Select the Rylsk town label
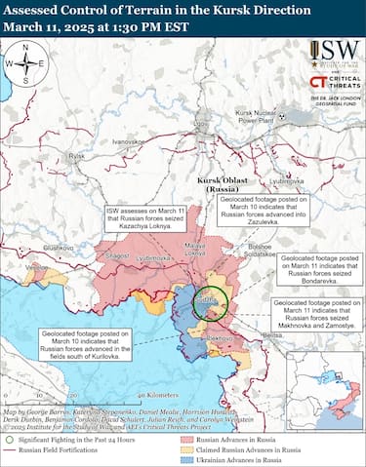(77, 155)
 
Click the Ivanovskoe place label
(128, 141)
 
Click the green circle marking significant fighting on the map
(208, 304)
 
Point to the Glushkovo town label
(59, 248)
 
